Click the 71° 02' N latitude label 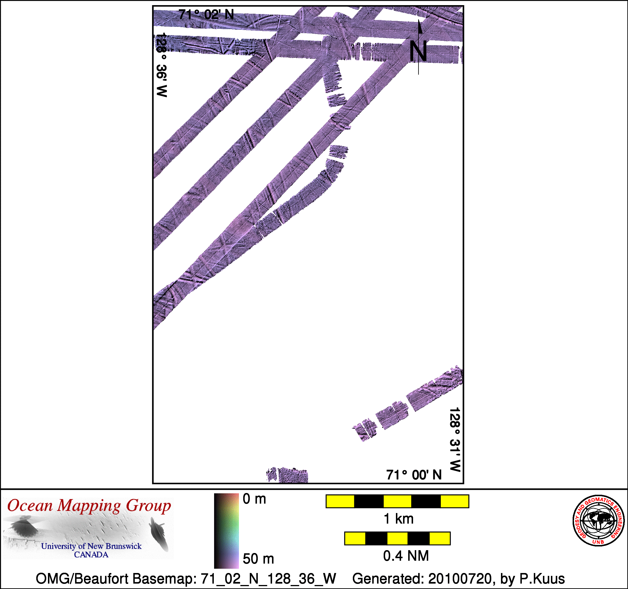[206, 15]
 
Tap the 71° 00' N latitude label [414, 475]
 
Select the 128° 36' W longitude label [161, 65]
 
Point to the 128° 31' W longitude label [455, 439]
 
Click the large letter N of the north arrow [418, 51]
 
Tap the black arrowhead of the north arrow [420, 27]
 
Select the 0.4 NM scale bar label [406, 556]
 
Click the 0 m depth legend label [254, 499]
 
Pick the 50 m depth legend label [258, 559]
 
